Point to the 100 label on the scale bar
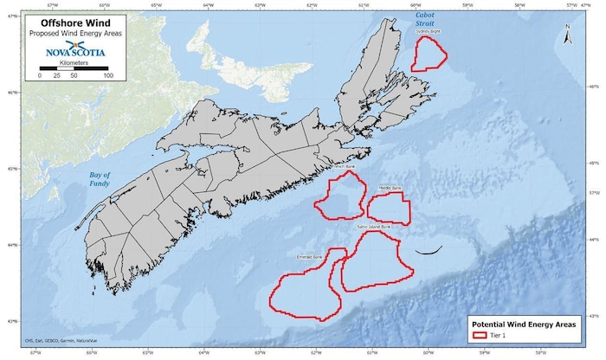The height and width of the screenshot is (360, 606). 108,76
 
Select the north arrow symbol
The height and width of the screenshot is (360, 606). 566,35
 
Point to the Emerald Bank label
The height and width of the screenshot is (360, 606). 309,257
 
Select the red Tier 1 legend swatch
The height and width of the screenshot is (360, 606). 479,333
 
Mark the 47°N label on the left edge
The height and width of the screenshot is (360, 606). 8,16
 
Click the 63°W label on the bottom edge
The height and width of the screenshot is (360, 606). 259,352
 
